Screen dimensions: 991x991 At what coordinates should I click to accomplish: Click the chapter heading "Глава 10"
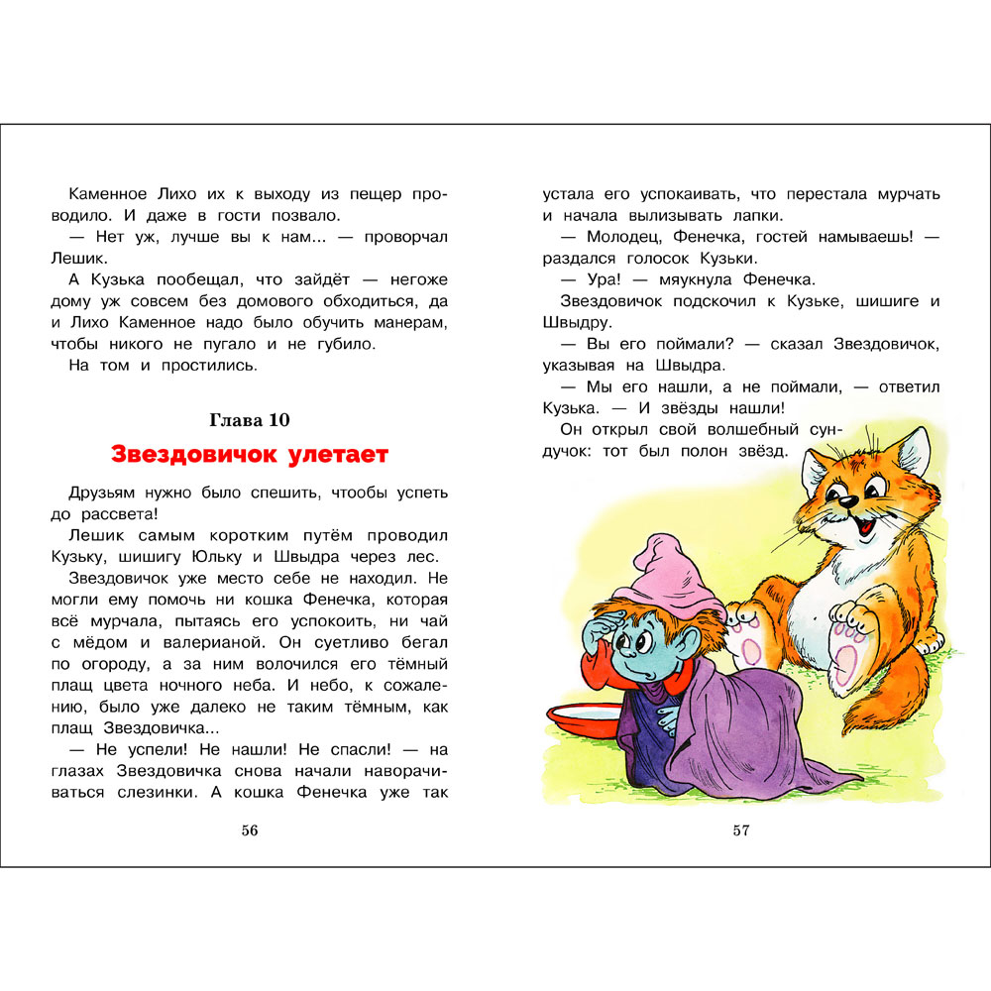point(250,420)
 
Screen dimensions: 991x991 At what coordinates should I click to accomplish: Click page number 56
point(250,830)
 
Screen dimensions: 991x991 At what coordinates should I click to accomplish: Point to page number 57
point(741,830)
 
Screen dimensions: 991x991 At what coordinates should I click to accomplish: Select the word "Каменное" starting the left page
point(110,194)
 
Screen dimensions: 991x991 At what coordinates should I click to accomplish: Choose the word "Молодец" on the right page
point(620,238)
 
